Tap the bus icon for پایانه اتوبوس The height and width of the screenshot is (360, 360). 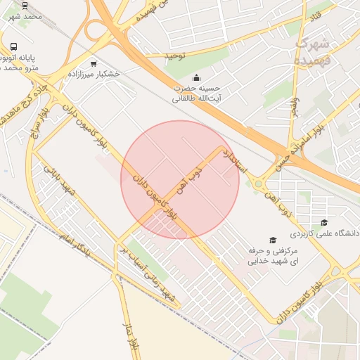14,47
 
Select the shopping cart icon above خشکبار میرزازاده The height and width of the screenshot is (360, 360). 94,63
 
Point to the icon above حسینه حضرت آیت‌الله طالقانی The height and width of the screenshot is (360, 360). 196,77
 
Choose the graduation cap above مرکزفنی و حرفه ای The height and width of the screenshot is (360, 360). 273,240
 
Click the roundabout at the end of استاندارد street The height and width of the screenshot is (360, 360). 259,185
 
